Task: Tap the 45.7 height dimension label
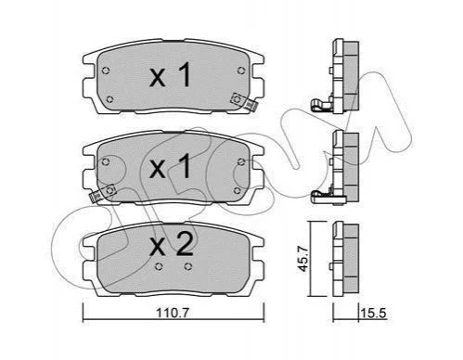(x=302, y=258)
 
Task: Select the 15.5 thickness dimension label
(x=373, y=314)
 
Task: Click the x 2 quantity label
(x=171, y=244)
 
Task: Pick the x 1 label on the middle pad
(x=170, y=167)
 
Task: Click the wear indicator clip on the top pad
(x=244, y=102)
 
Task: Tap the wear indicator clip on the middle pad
(x=102, y=193)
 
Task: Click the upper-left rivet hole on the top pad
(x=106, y=71)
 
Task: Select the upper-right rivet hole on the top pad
(x=241, y=71)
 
